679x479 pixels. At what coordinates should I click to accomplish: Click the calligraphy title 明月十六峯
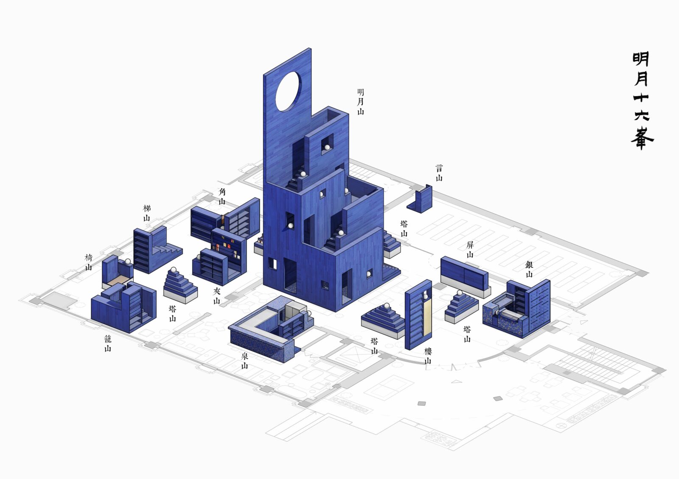tap(642, 100)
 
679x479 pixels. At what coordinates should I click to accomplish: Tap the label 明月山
tap(360, 102)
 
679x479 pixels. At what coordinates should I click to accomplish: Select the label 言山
tap(439, 173)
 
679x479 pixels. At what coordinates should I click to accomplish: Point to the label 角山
tap(222, 196)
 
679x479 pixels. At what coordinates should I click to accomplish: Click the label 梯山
tap(147, 213)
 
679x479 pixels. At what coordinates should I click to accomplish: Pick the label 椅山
tap(88, 262)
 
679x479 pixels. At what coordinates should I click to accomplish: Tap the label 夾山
tap(216, 296)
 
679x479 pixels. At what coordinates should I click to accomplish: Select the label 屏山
tap(470, 250)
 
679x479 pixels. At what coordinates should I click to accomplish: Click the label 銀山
tap(529, 269)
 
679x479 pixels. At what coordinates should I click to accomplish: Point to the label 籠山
tap(108, 343)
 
